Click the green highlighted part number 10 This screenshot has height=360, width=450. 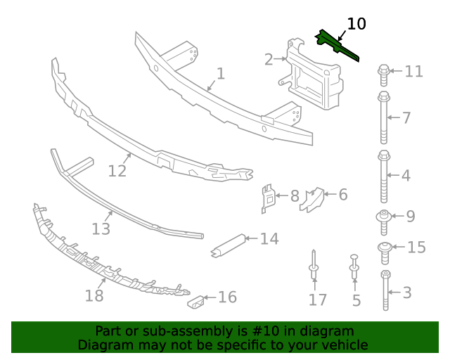(x=335, y=45)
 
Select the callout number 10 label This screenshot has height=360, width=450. (x=356, y=24)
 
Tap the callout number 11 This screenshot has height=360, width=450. (x=413, y=71)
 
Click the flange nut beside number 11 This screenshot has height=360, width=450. (x=384, y=71)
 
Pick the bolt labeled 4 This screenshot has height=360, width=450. (x=384, y=174)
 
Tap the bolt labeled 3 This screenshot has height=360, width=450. (x=386, y=290)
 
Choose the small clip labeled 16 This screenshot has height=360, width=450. (x=196, y=302)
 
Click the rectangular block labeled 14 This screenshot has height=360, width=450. (x=229, y=245)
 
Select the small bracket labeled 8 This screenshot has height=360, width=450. (x=268, y=198)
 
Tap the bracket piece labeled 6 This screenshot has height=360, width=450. (x=311, y=198)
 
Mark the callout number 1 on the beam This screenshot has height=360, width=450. (x=220, y=73)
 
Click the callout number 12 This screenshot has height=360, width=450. (x=117, y=171)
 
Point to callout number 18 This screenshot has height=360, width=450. (x=94, y=295)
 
